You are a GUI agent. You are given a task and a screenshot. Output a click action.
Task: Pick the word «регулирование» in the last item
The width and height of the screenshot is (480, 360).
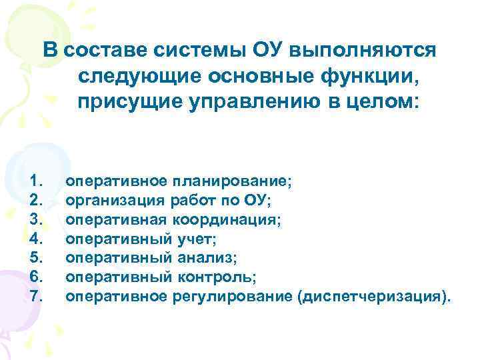pyautogui.click(x=243, y=295)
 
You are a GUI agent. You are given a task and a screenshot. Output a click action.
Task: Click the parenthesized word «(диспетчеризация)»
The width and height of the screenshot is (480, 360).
pyautogui.click(x=372, y=295)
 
